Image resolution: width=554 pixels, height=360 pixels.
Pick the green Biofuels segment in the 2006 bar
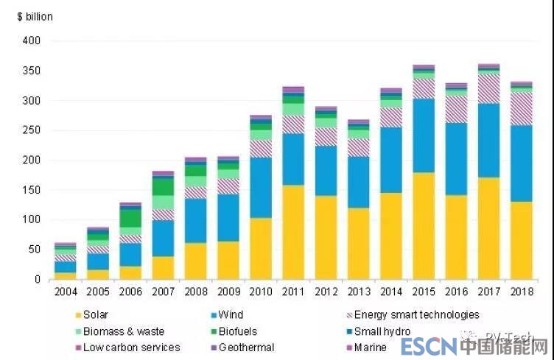click(130, 219)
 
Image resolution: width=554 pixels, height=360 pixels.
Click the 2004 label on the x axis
click(65, 291)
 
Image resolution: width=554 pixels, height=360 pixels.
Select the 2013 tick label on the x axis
click(358, 291)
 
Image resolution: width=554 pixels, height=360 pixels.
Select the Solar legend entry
click(96, 315)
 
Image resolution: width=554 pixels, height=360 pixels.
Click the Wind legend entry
click(232, 315)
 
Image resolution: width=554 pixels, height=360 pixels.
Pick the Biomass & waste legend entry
click(123, 331)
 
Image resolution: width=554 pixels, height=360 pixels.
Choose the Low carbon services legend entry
click(131, 347)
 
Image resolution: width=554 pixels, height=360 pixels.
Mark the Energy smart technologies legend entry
click(416, 315)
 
